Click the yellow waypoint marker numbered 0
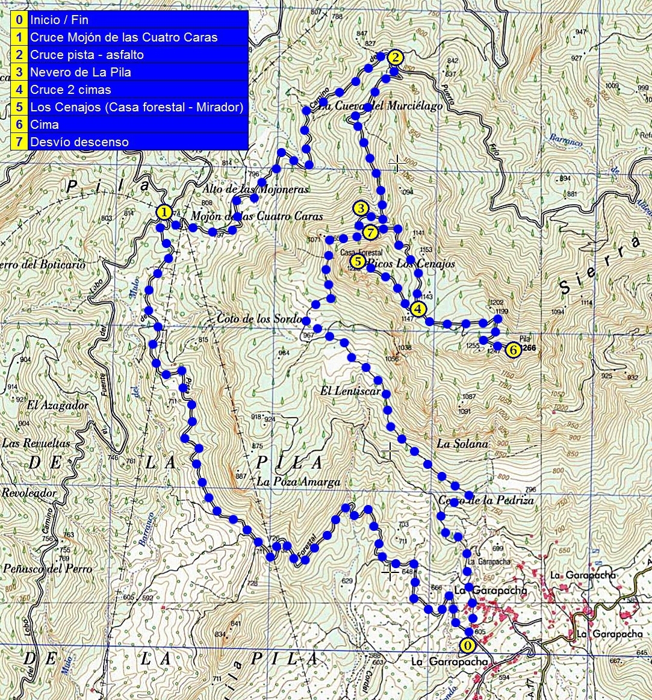click(467, 645)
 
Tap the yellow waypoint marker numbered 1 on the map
click(164, 212)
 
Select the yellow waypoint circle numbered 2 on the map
click(394, 58)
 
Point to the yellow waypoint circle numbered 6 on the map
click(513, 350)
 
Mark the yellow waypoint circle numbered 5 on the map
click(358, 261)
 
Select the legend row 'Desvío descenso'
click(79, 142)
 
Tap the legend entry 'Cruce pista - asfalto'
click(87, 55)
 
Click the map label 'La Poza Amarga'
click(299, 482)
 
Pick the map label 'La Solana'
click(462, 444)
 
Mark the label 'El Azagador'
click(58, 405)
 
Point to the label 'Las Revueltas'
click(36, 443)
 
